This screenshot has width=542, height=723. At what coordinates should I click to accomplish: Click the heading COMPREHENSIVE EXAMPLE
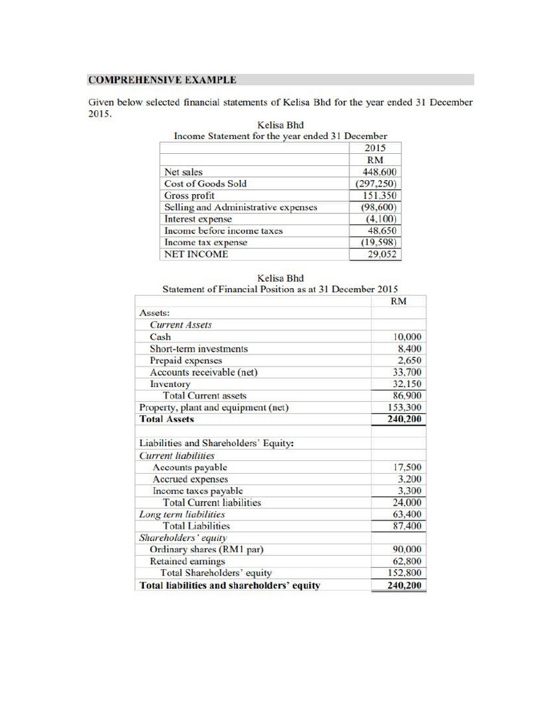click(x=162, y=80)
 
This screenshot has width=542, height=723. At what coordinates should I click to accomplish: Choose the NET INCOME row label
click(x=195, y=254)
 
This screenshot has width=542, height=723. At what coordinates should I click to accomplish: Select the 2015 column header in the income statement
click(x=375, y=148)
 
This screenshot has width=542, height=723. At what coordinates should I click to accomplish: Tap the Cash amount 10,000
click(x=407, y=337)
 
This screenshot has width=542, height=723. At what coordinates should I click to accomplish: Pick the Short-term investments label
click(x=198, y=349)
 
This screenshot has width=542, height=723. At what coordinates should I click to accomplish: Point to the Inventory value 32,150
click(x=407, y=384)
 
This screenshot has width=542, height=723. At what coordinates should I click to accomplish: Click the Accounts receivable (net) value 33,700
click(x=407, y=372)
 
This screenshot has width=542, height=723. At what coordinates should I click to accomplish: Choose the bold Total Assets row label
click(x=167, y=419)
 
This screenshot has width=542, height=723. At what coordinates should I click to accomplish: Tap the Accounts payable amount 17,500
click(x=407, y=467)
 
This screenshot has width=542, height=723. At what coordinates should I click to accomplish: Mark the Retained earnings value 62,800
click(x=407, y=561)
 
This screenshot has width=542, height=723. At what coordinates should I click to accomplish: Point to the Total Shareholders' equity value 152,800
click(x=405, y=573)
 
